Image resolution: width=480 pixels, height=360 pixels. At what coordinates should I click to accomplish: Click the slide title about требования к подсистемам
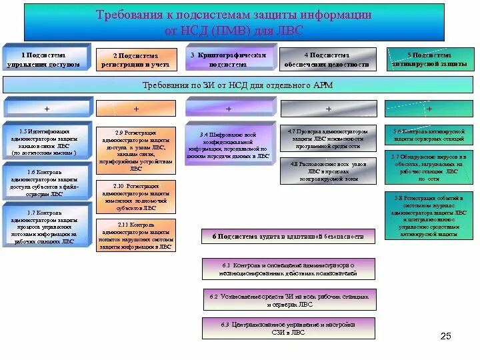233,23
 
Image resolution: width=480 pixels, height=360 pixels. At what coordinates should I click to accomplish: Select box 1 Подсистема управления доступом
46,59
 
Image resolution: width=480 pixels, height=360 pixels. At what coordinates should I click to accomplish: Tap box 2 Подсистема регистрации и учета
135,60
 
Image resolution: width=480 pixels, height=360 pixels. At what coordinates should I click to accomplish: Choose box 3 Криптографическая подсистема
229,60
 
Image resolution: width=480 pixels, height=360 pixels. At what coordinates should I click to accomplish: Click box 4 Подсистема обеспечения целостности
327,60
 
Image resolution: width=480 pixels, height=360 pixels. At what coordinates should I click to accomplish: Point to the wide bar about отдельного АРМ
238,85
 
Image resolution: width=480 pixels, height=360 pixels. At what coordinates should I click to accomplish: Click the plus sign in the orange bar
136,108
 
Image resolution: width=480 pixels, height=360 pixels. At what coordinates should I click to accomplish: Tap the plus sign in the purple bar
229,108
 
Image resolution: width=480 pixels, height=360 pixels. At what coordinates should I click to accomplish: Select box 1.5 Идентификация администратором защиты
45,142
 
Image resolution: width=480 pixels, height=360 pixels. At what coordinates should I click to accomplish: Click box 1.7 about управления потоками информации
45,227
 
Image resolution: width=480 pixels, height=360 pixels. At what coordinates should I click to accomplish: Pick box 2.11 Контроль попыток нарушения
137,235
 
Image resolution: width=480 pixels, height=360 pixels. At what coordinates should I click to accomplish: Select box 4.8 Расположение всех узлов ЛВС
327,171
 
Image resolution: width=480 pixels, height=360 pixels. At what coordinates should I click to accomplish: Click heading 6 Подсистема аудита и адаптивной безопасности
288,236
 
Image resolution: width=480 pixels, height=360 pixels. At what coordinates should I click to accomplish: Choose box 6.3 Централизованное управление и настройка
288,328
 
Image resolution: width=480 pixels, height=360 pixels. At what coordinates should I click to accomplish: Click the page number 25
446,336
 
